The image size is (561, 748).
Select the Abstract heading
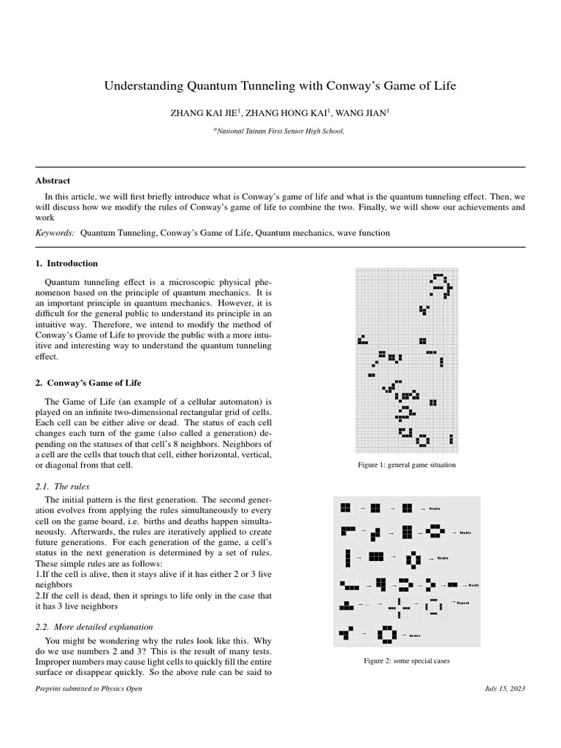tap(53, 180)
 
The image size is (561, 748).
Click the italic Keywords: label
tap(56, 232)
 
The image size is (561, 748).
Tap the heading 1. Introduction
tap(66, 263)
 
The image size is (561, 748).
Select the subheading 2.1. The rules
tap(63, 486)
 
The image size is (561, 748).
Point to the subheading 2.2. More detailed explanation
tap(94, 626)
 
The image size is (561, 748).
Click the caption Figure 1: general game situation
tap(406, 465)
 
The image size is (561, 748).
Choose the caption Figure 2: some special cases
tap(406, 660)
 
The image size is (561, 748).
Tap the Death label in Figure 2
tap(473, 584)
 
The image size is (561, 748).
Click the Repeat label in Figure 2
tap(462, 603)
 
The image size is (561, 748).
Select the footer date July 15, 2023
tap(505, 689)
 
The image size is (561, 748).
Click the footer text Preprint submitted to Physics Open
tap(88, 689)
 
